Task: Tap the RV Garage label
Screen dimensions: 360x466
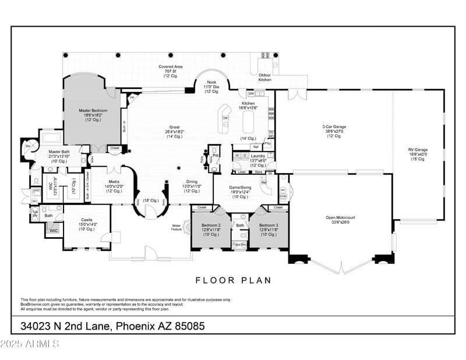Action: (418, 150)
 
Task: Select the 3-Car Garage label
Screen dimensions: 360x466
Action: (334, 127)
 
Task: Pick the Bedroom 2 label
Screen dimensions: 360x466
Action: (211, 225)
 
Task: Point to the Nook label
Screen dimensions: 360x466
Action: (211, 82)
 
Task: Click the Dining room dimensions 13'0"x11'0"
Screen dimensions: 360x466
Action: (192, 186)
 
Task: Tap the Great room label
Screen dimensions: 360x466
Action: (174, 127)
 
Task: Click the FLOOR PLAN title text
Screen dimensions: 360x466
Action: (233, 280)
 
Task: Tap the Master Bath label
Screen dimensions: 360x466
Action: (59, 152)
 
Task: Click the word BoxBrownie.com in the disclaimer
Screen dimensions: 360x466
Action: (36, 303)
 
